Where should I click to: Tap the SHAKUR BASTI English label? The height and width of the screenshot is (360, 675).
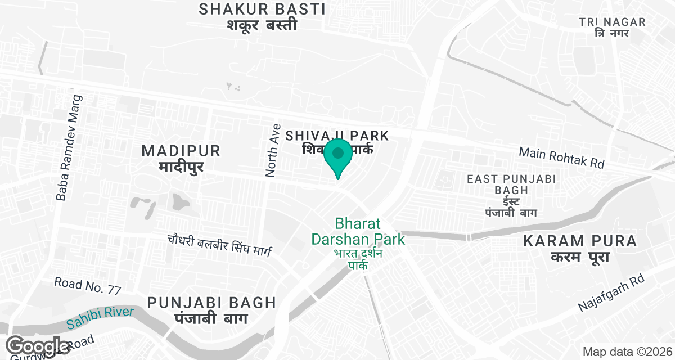click(262, 9)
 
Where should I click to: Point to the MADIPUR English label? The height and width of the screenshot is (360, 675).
click(181, 151)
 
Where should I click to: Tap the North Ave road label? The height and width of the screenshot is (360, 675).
click(273, 151)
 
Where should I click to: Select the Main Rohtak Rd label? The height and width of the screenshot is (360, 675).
click(561, 157)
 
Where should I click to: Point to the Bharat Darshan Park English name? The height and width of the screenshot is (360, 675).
click(358, 231)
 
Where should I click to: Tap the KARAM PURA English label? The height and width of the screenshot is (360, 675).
click(580, 241)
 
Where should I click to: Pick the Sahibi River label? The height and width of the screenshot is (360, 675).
click(100, 318)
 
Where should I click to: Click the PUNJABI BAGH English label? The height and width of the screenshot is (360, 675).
click(211, 303)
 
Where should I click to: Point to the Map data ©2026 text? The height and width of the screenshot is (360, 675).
click(627, 352)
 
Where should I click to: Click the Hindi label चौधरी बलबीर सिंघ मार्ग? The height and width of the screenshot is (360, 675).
click(219, 246)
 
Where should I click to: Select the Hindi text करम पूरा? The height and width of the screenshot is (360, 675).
click(580, 258)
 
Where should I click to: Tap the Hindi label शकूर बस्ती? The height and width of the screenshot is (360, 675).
click(262, 25)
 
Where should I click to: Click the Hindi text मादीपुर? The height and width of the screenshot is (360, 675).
click(181, 167)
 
